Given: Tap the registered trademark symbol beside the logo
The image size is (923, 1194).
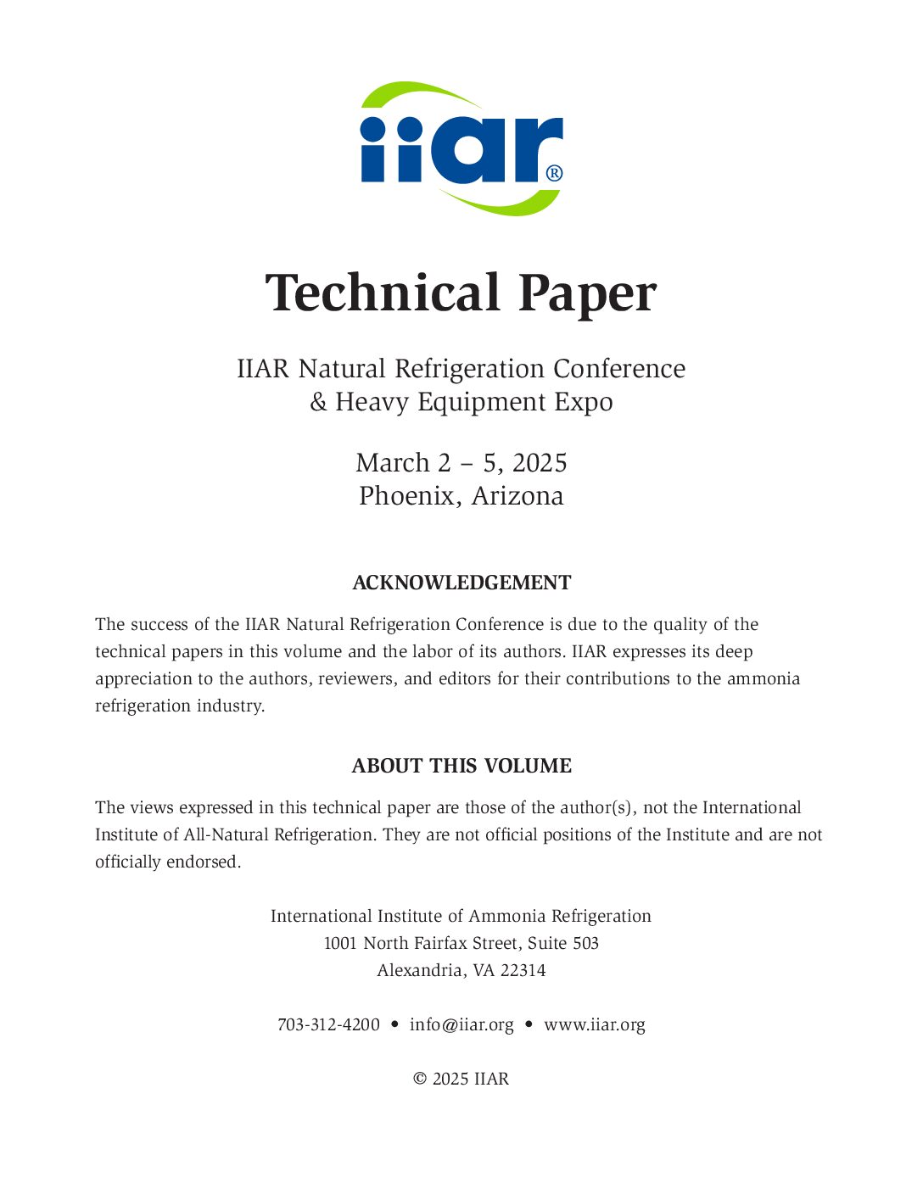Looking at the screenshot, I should tap(554, 173).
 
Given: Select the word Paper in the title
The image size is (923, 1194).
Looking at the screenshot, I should tap(587, 293).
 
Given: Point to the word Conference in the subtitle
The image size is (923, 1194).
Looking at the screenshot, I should tap(619, 369).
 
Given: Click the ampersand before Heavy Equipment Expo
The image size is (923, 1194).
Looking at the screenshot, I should tap(318, 402).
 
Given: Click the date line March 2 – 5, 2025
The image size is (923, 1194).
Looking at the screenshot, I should tap(461, 463).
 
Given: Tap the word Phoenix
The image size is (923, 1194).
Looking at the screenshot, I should tap(407, 496).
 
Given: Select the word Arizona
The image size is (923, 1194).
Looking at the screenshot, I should tap(517, 496).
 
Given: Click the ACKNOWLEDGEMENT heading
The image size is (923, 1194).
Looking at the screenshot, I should tap(461, 583).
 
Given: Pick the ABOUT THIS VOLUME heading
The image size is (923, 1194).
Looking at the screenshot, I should tap(461, 767).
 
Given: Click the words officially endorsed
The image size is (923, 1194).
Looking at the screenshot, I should tap(167, 862).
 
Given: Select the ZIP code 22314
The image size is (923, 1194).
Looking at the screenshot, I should tap(523, 971).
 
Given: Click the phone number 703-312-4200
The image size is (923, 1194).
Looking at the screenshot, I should tap(328, 1025).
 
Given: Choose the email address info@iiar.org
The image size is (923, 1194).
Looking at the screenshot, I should tap(461, 1025).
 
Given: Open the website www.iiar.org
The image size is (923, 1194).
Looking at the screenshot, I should tap(595, 1025).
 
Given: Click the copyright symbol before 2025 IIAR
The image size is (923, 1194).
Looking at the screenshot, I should tap(420, 1080).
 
